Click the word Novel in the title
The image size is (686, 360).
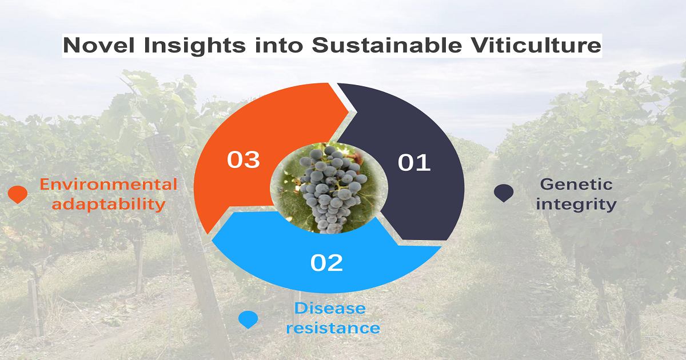(x=98, y=45)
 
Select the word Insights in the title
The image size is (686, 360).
(x=194, y=46)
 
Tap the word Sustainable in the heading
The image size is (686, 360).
(x=387, y=45)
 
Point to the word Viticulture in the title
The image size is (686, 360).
(x=536, y=45)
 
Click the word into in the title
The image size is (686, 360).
(x=279, y=45)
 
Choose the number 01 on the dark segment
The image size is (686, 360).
(x=414, y=162)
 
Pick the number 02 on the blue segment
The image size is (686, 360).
(x=326, y=263)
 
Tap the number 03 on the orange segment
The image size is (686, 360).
(x=244, y=159)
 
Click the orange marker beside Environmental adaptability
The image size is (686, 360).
(x=18, y=194)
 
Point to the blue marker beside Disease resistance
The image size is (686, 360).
(x=248, y=319)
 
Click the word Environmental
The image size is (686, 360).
(x=109, y=184)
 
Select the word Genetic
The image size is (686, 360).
(x=576, y=184)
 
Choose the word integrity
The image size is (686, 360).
(x=576, y=205)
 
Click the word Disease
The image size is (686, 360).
(x=330, y=308)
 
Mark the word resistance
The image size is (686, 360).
(x=333, y=328)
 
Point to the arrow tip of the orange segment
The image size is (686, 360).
(x=349, y=111)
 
